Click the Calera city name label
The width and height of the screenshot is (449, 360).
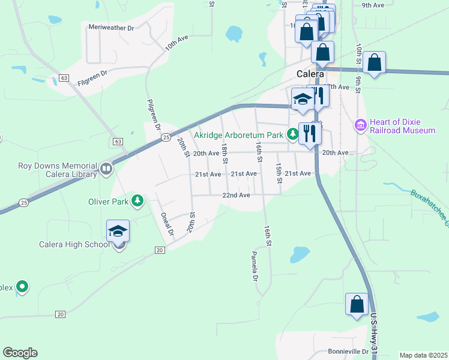(310, 74)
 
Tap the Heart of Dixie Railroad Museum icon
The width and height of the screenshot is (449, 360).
(360, 125)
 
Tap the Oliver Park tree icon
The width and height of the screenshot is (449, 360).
(138, 201)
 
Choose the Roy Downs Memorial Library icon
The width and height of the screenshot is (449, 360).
(106, 169)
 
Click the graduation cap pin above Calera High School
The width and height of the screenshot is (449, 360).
(118, 231)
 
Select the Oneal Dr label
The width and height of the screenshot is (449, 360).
(166, 223)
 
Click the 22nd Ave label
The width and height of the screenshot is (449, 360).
(236, 196)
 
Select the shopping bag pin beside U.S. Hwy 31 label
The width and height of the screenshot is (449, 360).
(357, 304)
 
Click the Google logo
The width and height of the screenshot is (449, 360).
(20, 353)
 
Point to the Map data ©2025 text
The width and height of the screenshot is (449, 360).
(423, 355)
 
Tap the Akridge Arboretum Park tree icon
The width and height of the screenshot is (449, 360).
(292, 134)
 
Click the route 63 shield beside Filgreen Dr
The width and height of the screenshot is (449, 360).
(64, 78)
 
